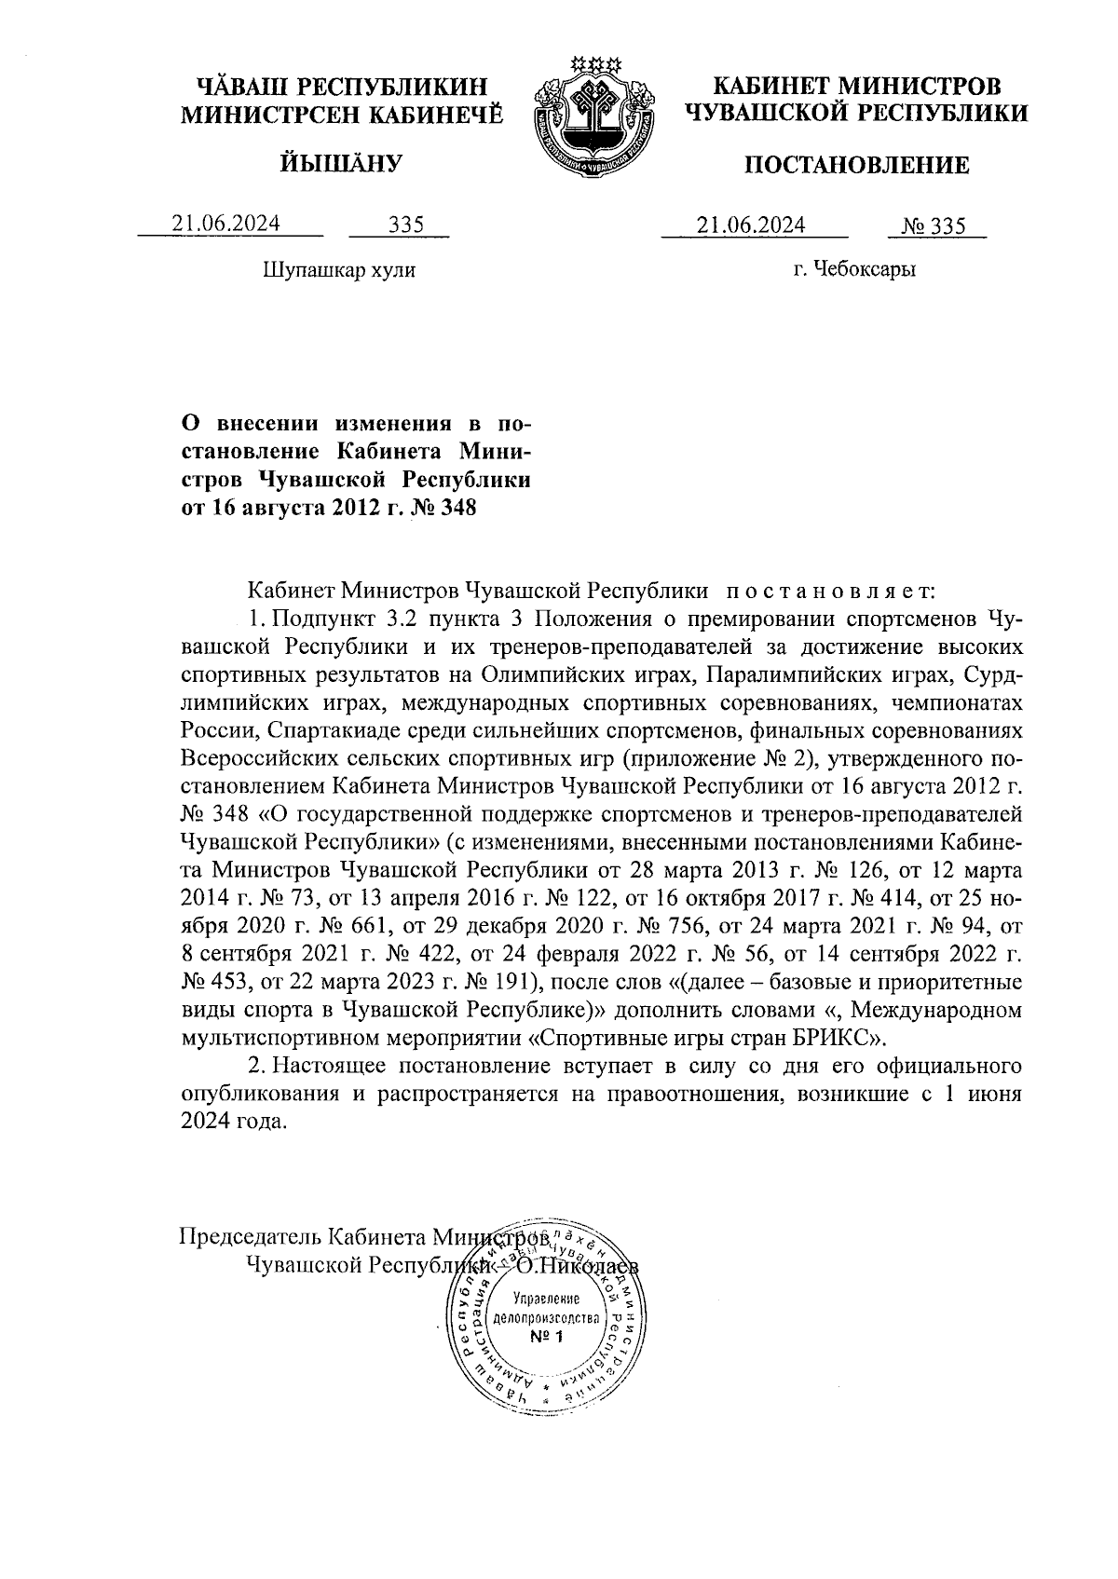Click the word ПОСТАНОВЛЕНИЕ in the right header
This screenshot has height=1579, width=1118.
[x=855, y=166]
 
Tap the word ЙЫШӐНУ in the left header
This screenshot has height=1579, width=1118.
[x=341, y=164]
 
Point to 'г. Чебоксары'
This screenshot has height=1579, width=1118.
[x=854, y=270]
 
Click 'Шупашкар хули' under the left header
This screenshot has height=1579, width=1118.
[x=339, y=270]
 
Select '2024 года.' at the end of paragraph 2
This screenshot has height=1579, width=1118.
[x=229, y=1122]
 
